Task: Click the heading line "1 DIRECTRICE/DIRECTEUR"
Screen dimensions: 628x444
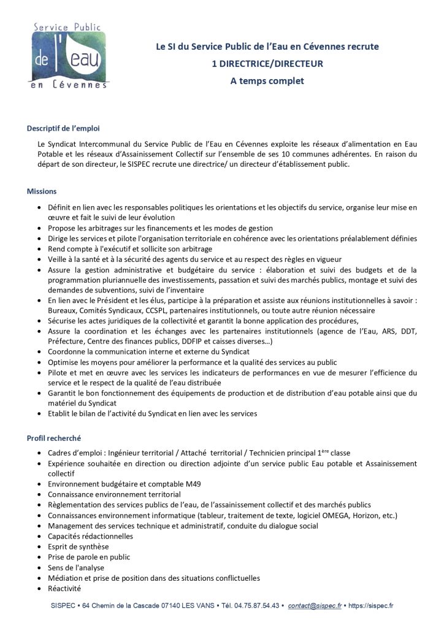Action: coord(267,63)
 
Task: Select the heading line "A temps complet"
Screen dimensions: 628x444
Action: coord(267,80)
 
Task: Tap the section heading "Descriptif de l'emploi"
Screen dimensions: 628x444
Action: coord(63,129)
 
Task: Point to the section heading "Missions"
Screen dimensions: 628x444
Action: coord(42,191)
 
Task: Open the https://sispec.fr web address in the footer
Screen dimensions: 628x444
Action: coord(370,605)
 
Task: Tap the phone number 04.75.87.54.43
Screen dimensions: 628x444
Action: coord(259,605)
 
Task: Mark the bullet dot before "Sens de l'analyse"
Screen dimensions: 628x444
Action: coord(40,568)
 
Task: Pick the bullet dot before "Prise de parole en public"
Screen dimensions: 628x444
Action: coord(40,557)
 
